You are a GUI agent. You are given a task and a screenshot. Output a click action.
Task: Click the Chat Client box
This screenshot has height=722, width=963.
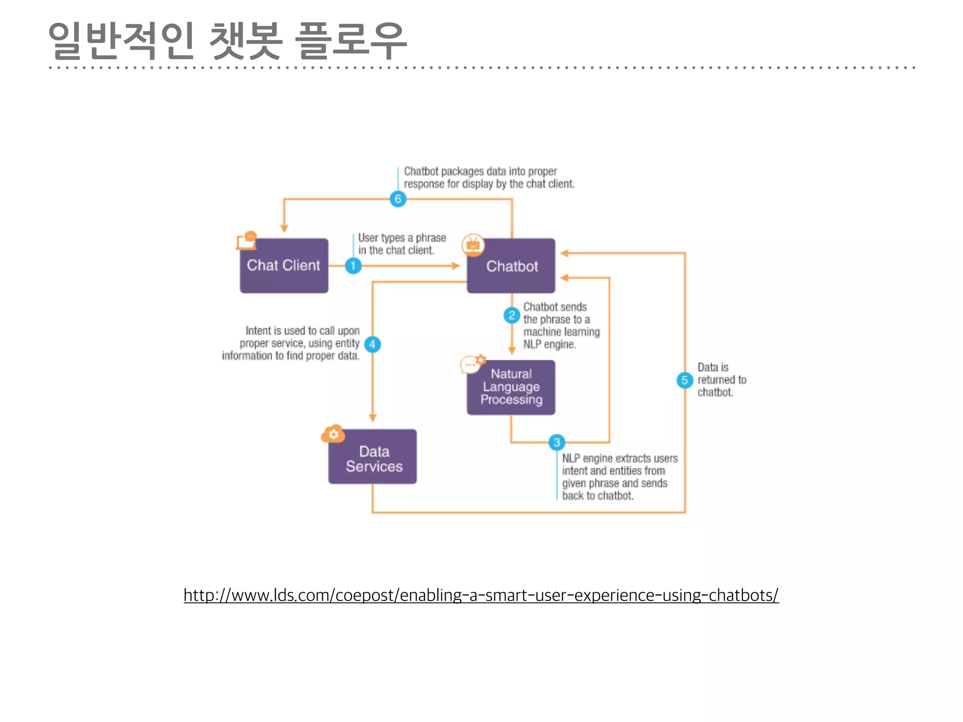click(284, 266)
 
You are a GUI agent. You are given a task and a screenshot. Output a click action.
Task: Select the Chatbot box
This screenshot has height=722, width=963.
click(511, 266)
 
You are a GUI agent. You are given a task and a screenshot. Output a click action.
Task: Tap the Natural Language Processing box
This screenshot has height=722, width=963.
click(511, 387)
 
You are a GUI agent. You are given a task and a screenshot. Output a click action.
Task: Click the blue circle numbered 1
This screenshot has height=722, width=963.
click(353, 266)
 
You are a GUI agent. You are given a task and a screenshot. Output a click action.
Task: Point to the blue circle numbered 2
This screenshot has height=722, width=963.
click(512, 315)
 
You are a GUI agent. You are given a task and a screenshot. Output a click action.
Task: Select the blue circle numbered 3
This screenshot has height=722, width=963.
click(557, 442)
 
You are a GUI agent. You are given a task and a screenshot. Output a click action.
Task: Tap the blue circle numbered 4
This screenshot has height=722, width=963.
click(372, 345)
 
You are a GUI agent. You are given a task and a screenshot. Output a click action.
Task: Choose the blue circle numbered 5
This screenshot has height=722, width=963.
click(685, 380)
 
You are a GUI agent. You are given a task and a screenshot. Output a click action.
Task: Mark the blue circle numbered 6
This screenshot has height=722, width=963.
click(398, 199)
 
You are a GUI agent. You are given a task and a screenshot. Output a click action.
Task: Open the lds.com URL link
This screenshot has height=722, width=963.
click(481, 595)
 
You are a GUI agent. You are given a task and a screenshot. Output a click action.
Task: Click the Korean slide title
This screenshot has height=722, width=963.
click(228, 41)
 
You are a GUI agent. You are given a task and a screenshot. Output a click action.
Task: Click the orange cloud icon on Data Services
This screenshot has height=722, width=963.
click(333, 434)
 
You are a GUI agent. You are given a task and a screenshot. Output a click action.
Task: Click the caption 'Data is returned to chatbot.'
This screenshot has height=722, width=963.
click(721, 380)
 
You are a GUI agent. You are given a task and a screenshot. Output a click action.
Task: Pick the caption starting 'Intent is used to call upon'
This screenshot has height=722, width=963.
click(291, 343)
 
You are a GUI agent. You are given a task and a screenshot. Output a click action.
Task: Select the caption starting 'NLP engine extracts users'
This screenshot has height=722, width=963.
click(619, 477)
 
